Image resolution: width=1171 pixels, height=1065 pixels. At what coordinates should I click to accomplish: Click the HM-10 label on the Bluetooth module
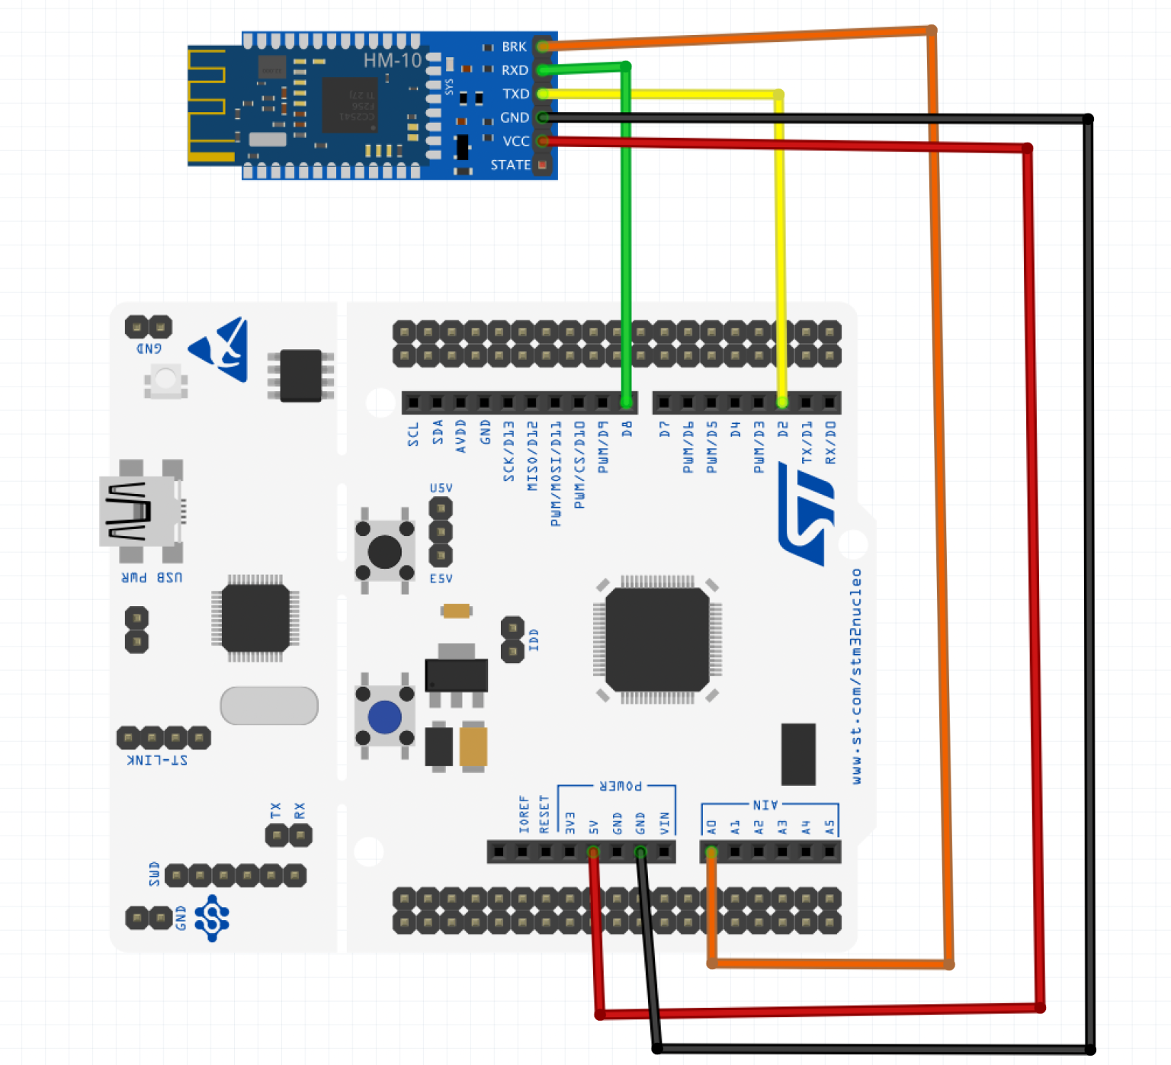point(392,60)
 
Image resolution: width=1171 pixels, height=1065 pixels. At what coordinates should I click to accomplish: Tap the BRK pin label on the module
point(514,47)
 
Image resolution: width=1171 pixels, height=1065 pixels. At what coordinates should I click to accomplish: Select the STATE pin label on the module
point(510,165)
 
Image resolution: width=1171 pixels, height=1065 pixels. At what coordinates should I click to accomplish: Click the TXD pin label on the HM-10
point(515,94)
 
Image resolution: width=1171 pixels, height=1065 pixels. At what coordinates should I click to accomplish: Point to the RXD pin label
point(515,70)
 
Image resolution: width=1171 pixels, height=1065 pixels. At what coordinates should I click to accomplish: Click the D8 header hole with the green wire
point(627,402)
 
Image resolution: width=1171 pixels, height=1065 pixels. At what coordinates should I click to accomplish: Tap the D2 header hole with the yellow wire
point(782,402)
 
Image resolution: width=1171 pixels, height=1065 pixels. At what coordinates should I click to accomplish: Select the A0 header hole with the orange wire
point(711,852)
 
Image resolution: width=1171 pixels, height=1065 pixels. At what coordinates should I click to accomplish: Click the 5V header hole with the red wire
point(593,852)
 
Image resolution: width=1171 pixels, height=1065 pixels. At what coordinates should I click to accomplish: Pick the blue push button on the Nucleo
point(384,717)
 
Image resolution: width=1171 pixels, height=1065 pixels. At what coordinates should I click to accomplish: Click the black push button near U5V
point(384,551)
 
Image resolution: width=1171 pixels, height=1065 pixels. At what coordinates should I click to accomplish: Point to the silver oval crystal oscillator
point(269,705)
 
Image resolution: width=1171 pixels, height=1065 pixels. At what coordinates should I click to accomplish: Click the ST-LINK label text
point(157,760)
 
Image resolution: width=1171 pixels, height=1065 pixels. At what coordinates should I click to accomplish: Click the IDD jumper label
point(534,640)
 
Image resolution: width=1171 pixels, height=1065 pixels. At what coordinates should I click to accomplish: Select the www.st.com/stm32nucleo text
point(856,675)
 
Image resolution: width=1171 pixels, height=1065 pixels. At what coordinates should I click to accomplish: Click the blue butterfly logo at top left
point(221,349)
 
